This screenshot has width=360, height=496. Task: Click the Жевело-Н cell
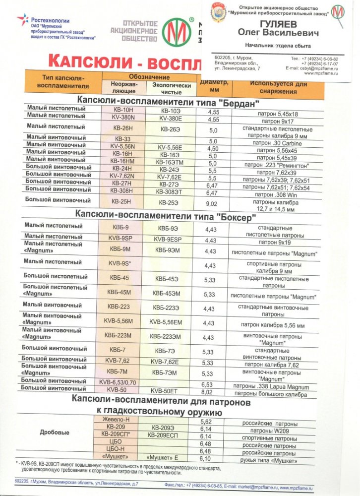[116, 420]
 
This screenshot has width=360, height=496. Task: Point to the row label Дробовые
[55, 432]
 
